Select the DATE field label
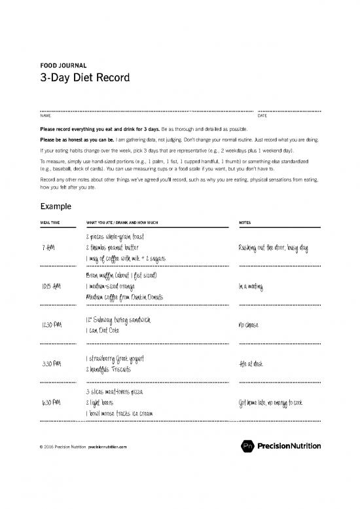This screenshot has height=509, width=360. point(262,116)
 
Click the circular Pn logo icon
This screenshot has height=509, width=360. point(243,447)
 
